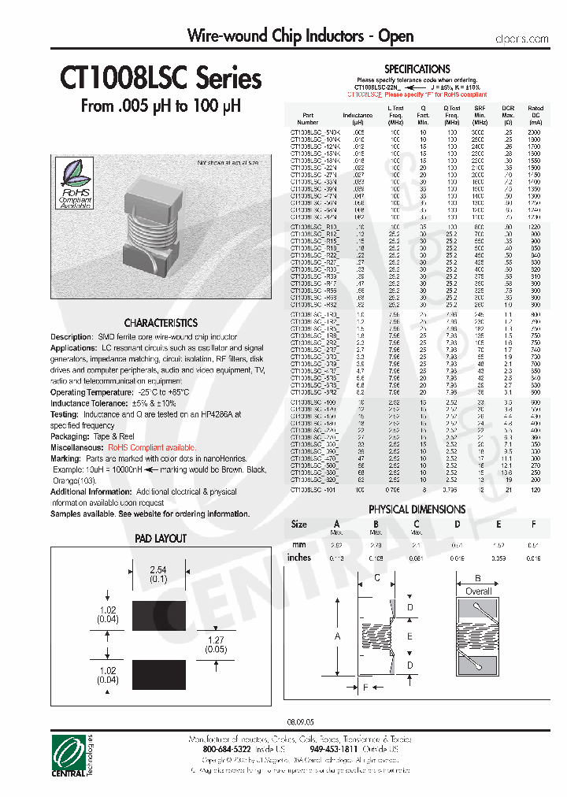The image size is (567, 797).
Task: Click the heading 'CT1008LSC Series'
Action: coord(161,80)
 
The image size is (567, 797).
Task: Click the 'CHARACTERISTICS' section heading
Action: coord(161,323)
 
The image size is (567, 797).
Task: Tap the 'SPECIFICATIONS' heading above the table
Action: coord(417,69)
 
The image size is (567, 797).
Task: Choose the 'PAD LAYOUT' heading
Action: coord(161,539)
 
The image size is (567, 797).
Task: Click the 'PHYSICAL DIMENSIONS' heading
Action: coord(417,509)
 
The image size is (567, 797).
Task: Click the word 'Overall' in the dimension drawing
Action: coord(478,591)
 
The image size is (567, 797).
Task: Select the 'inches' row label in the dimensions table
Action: coord(299,558)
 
